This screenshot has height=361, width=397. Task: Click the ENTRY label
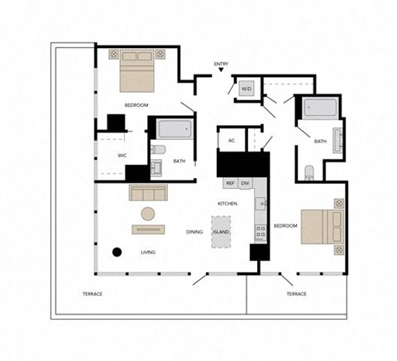pyautogui.click(x=221, y=65)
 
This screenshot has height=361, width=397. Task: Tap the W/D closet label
pyautogui.click(x=246, y=89)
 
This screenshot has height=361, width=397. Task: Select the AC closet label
pyautogui.click(x=232, y=141)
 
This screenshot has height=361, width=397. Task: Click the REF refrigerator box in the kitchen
pyautogui.click(x=230, y=183)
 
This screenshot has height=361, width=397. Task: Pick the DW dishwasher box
pyautogui.click(x=246, y=183)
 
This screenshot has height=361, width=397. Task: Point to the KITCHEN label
pyautogui.click(x=228, y=203)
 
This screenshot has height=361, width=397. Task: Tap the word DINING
pyautogui.click(x=194, y=233)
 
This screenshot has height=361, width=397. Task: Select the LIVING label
pyautogui.click(x=149, y=252)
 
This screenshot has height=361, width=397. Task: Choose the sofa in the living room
pyautogui.click(x=149, y=193)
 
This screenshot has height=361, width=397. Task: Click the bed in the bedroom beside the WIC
pyautogui.click(x=137, y=71)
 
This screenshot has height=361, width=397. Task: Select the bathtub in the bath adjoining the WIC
pyautogui.click(x=174, y=130)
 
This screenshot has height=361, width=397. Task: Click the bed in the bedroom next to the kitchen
pyautogui.click(x=320, y=226)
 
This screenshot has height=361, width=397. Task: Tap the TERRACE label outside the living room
pyautogui.click(x=93, y=294)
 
